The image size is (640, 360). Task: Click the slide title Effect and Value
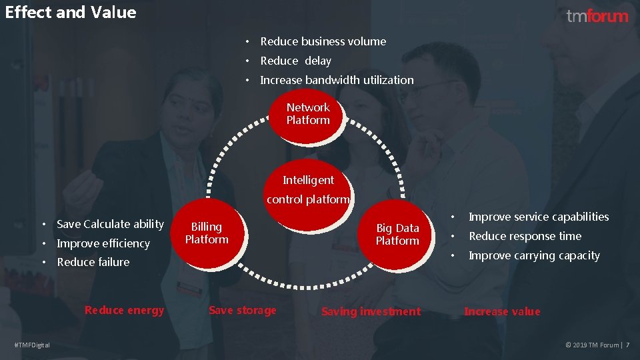[70, 13]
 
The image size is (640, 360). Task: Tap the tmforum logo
[597, 16]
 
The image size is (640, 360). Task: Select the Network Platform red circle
[308, 115]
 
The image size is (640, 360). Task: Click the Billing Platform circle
[207, 233]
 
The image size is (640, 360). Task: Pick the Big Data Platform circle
[397, 235]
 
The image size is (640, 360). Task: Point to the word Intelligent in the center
[308, 180]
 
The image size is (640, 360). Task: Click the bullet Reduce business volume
[323, 41]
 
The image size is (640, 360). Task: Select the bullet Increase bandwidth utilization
[337, 80]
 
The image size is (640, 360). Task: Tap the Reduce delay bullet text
[295, 61]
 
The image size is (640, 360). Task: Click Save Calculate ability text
[110, 224]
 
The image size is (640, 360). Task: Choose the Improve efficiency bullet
[103, 243]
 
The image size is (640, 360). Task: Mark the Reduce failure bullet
[93, 262]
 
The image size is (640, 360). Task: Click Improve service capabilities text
[539, 217]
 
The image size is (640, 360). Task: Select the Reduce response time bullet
[525, 236]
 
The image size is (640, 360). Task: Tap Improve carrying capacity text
[534, 255]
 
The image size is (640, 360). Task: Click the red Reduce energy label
[124, 310]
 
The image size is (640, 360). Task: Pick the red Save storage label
[242, 310]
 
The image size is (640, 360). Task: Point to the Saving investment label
[371, 311]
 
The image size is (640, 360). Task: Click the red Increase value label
[502, 311]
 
